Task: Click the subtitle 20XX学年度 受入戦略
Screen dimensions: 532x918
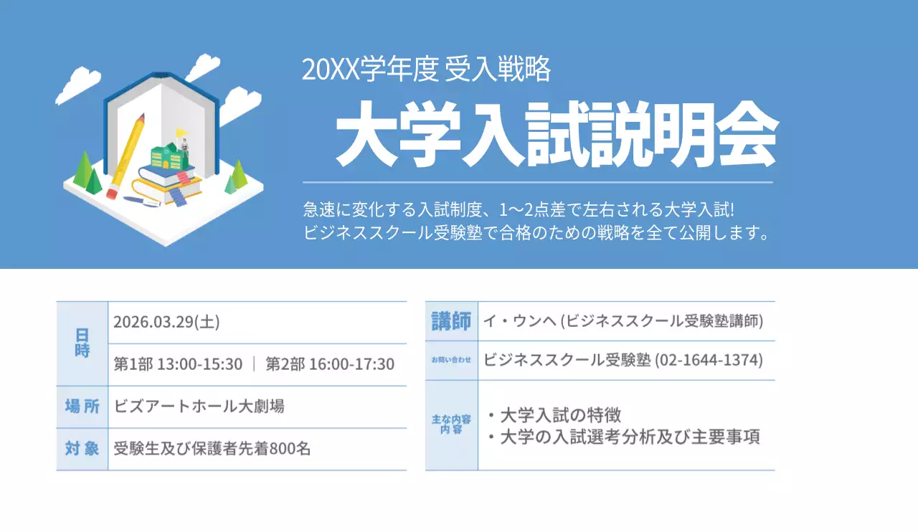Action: click(426, 70)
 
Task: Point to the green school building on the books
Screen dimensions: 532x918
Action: click(165, 156)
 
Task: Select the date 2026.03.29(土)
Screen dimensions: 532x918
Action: click(166, 322)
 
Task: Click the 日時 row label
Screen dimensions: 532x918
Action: click(82, 343)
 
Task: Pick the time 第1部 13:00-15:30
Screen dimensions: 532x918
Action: click(179, 364)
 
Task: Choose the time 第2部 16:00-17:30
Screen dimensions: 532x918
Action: click(330, 364)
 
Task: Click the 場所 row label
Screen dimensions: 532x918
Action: click(82, 407)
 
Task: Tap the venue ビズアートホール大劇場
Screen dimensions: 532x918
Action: click(199, 407)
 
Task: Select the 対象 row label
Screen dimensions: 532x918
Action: click(82, 449)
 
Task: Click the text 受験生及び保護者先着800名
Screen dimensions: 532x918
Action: click(212, 450)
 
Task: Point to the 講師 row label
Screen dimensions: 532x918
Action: click(451, 321)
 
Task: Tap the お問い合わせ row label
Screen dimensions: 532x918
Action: click(451, 360)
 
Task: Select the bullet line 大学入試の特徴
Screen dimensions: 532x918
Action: click(554, 415)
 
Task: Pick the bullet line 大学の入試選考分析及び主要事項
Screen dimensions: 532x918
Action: click(623, 437)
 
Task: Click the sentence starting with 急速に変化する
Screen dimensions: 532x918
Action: click(520, 211)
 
